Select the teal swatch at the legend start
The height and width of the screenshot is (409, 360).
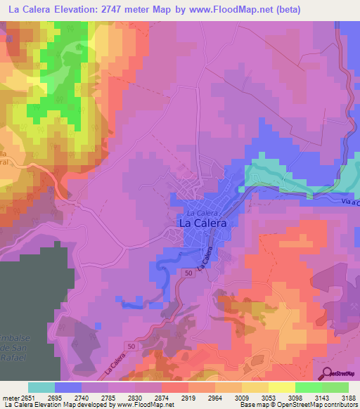41,387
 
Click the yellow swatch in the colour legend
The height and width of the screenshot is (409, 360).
281,387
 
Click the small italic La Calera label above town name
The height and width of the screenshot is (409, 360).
205,212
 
